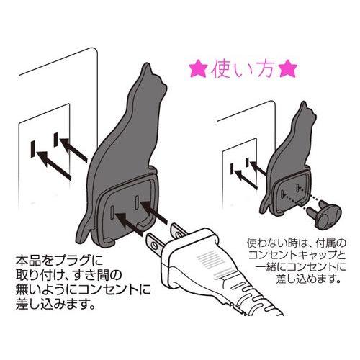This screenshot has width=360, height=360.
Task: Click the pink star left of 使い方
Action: pos(197,71)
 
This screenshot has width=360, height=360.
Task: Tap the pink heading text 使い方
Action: pos(243,71)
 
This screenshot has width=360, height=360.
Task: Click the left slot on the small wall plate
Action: pos(233,171)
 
